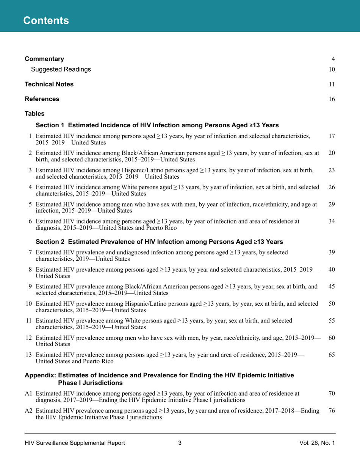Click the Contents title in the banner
46,20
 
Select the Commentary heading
44,59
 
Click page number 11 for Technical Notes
332,84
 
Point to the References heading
42,99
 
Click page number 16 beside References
332,99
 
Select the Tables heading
34,114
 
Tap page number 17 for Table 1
332,136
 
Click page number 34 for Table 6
332,221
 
